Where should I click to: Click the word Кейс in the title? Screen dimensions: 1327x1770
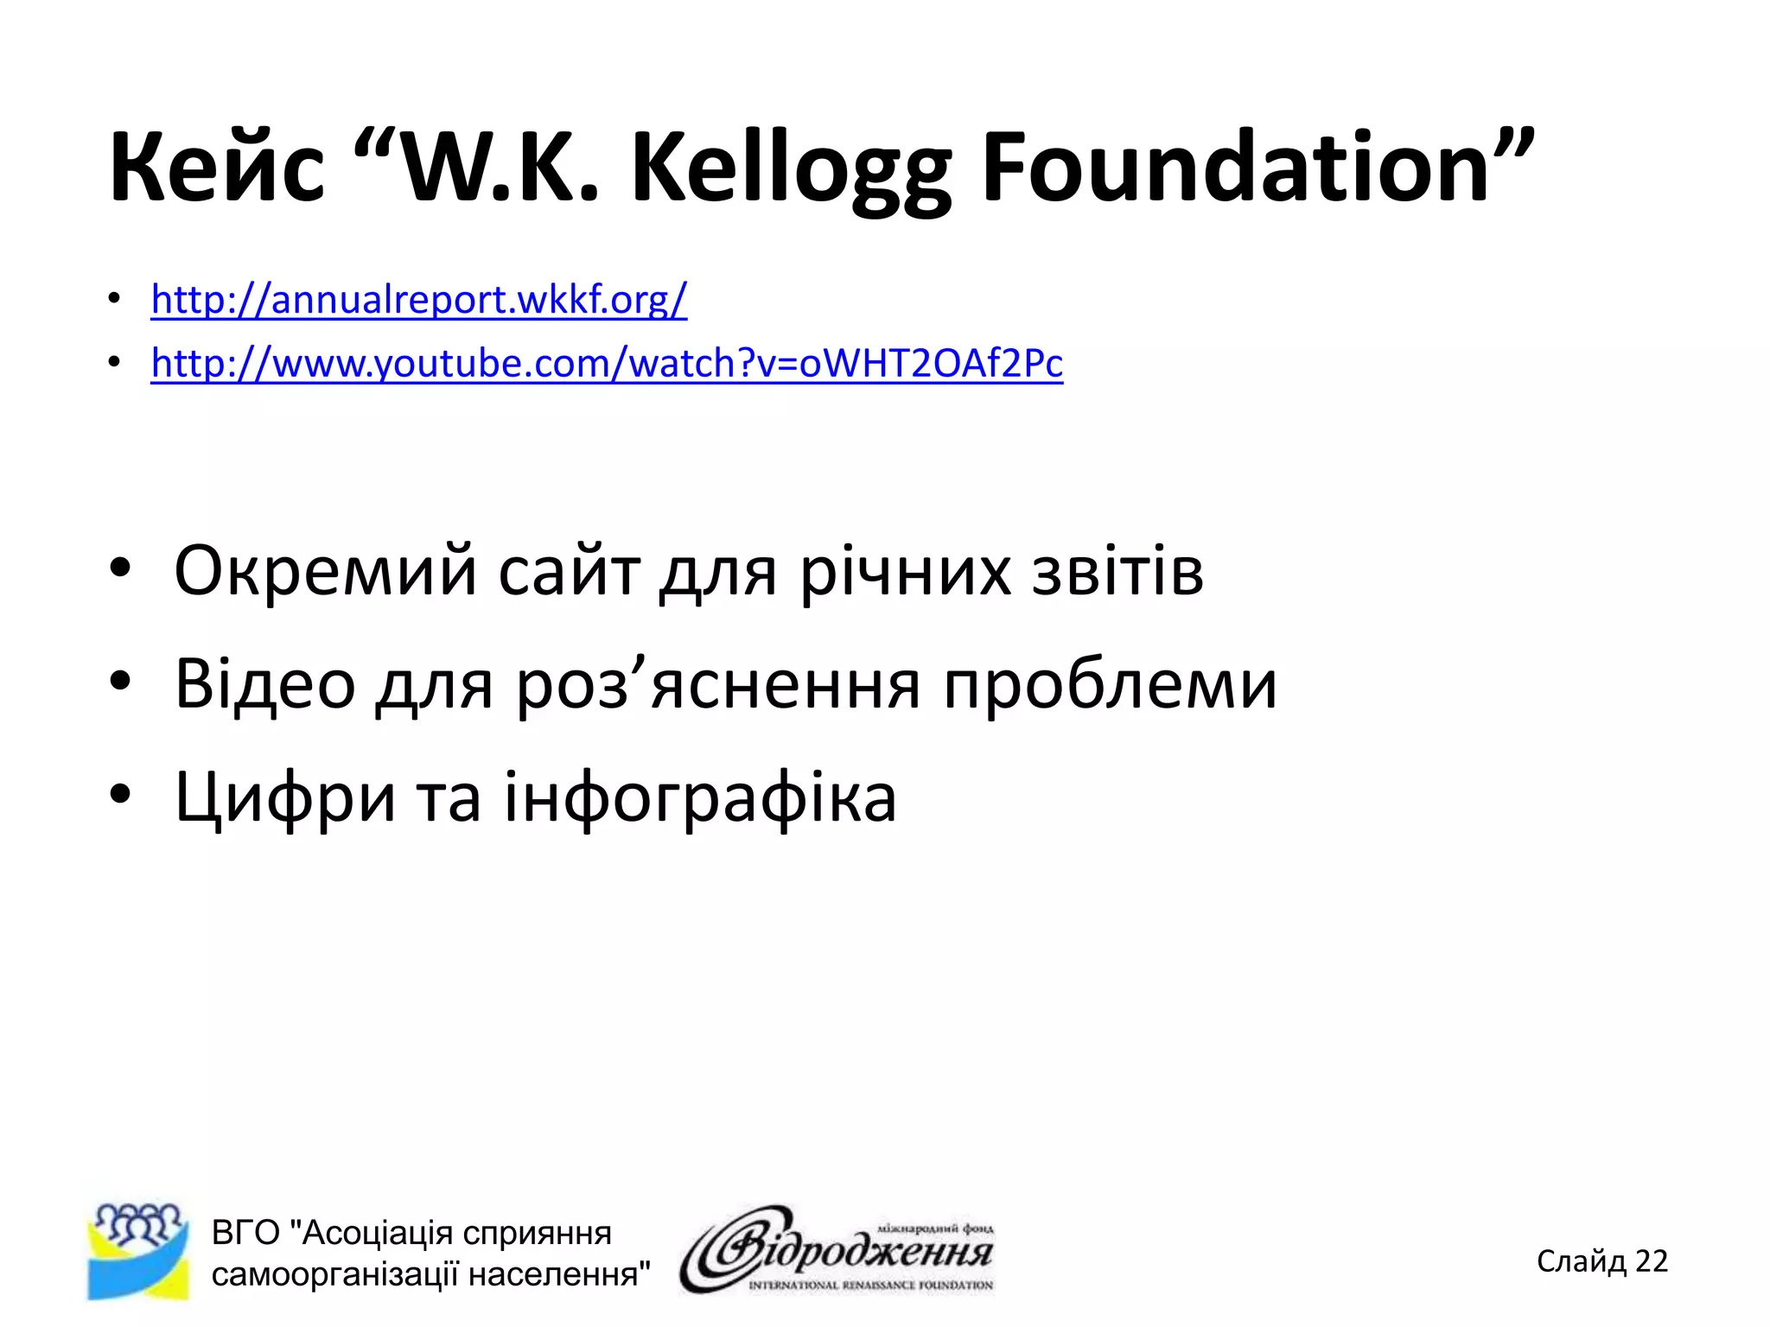(217, 167)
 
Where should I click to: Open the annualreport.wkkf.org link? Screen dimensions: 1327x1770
(419, 300)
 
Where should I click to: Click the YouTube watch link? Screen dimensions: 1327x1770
(607, 363)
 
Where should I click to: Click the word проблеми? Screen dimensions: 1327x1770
(1110, 683)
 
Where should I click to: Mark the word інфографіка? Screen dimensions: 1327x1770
(700, 797)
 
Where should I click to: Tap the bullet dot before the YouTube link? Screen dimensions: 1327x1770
(114, 364)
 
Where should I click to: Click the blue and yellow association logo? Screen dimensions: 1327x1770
(138, 1251)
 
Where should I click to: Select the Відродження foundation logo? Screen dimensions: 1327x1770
(837, 1249)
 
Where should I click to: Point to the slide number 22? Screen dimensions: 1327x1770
(1651, 1261)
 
